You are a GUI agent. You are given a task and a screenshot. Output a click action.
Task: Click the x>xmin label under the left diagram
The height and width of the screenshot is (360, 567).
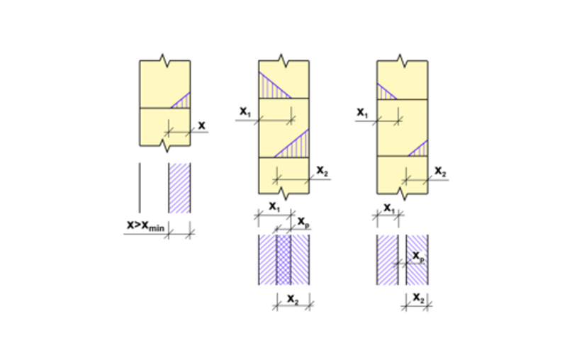pyautogui.click(x=145, y=226)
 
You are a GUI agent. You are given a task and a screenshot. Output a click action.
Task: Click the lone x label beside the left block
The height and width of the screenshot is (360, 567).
pyautogui.click(x=201, y=125)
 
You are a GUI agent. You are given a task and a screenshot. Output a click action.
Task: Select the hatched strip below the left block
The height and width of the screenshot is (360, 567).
pyautogui.click(x=179, y=188)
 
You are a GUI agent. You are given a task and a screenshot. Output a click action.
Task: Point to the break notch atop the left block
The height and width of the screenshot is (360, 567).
pyautogui.click(x=164, y=60)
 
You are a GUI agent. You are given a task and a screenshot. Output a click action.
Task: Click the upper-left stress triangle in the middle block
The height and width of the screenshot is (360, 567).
pyautogui.click(x=271, y=86)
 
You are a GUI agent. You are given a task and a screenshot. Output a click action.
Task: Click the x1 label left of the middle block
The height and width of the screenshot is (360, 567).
pyautogui.click(x=245, y=112)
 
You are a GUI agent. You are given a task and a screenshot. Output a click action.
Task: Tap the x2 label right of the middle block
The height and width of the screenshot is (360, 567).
pyautogui.click(x=322, y=171)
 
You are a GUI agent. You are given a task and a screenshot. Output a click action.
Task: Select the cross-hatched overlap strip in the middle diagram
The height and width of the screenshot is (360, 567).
pyautogui.click(x=284, y=259)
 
